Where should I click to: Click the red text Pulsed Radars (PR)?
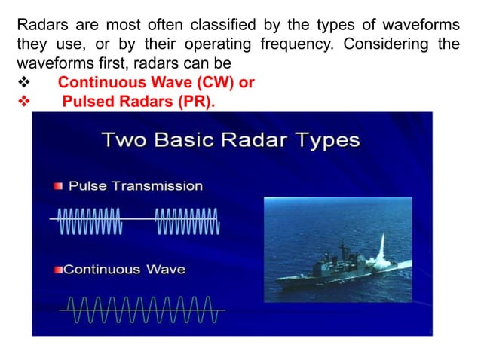(x=138, y=100)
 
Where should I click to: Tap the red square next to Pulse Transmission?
(x=58, y=186)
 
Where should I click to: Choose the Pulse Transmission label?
(x=136, y=185)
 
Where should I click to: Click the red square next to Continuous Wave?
(x=58, y=269)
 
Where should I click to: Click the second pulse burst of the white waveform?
(x=186, y=219)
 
